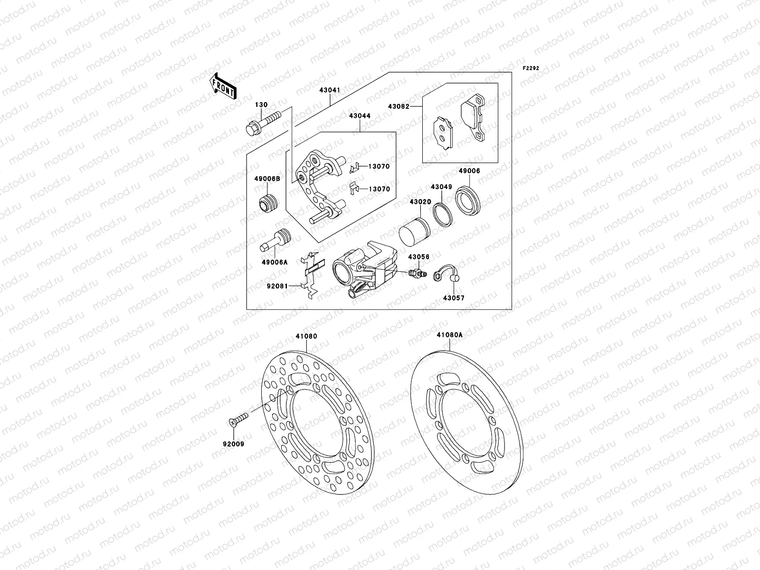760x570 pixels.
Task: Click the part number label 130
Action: click(261, 105)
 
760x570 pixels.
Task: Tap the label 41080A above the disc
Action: click(449, 335)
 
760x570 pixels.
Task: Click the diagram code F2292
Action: click(531, 68)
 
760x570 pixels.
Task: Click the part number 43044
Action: click(360, 116)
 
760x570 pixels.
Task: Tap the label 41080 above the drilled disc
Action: click(306, 336)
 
